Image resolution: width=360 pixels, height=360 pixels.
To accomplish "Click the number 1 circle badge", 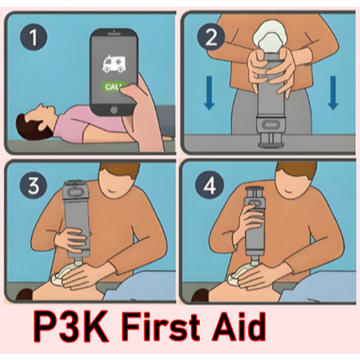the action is pyautogui.click(x=33, y=37).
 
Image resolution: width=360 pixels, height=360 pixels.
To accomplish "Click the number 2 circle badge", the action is pyautogui.click(x=211, y=37).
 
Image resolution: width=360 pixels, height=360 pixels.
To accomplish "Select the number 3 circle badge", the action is pyautogui.click(x=33, y=185).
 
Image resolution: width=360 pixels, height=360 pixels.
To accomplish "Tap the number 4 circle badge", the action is pyautogui.click(x=209, y=185).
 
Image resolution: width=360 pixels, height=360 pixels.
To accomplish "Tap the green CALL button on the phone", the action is pyautogui.click(x=114, y=87).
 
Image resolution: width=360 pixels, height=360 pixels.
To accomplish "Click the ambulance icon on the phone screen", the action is pyautogui.click(x=114, y=64).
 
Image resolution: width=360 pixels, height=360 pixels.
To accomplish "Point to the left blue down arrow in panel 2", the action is pyautogui.click(x=209, y=93).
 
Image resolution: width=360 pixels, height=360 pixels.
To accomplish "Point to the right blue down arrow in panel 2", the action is pyautogui.click(x=332, y=93).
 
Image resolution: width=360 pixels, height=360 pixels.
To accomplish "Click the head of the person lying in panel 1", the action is pyautogui.click(x=33, y=124).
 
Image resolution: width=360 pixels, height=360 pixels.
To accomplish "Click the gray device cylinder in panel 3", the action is pyautogui.click(x=76, y=219).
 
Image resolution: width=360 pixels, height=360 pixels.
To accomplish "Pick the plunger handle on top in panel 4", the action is pyautogui.click(x=255, y=193).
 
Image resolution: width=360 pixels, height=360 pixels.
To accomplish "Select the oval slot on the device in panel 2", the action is pyautogui.click(x=270, y=124).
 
